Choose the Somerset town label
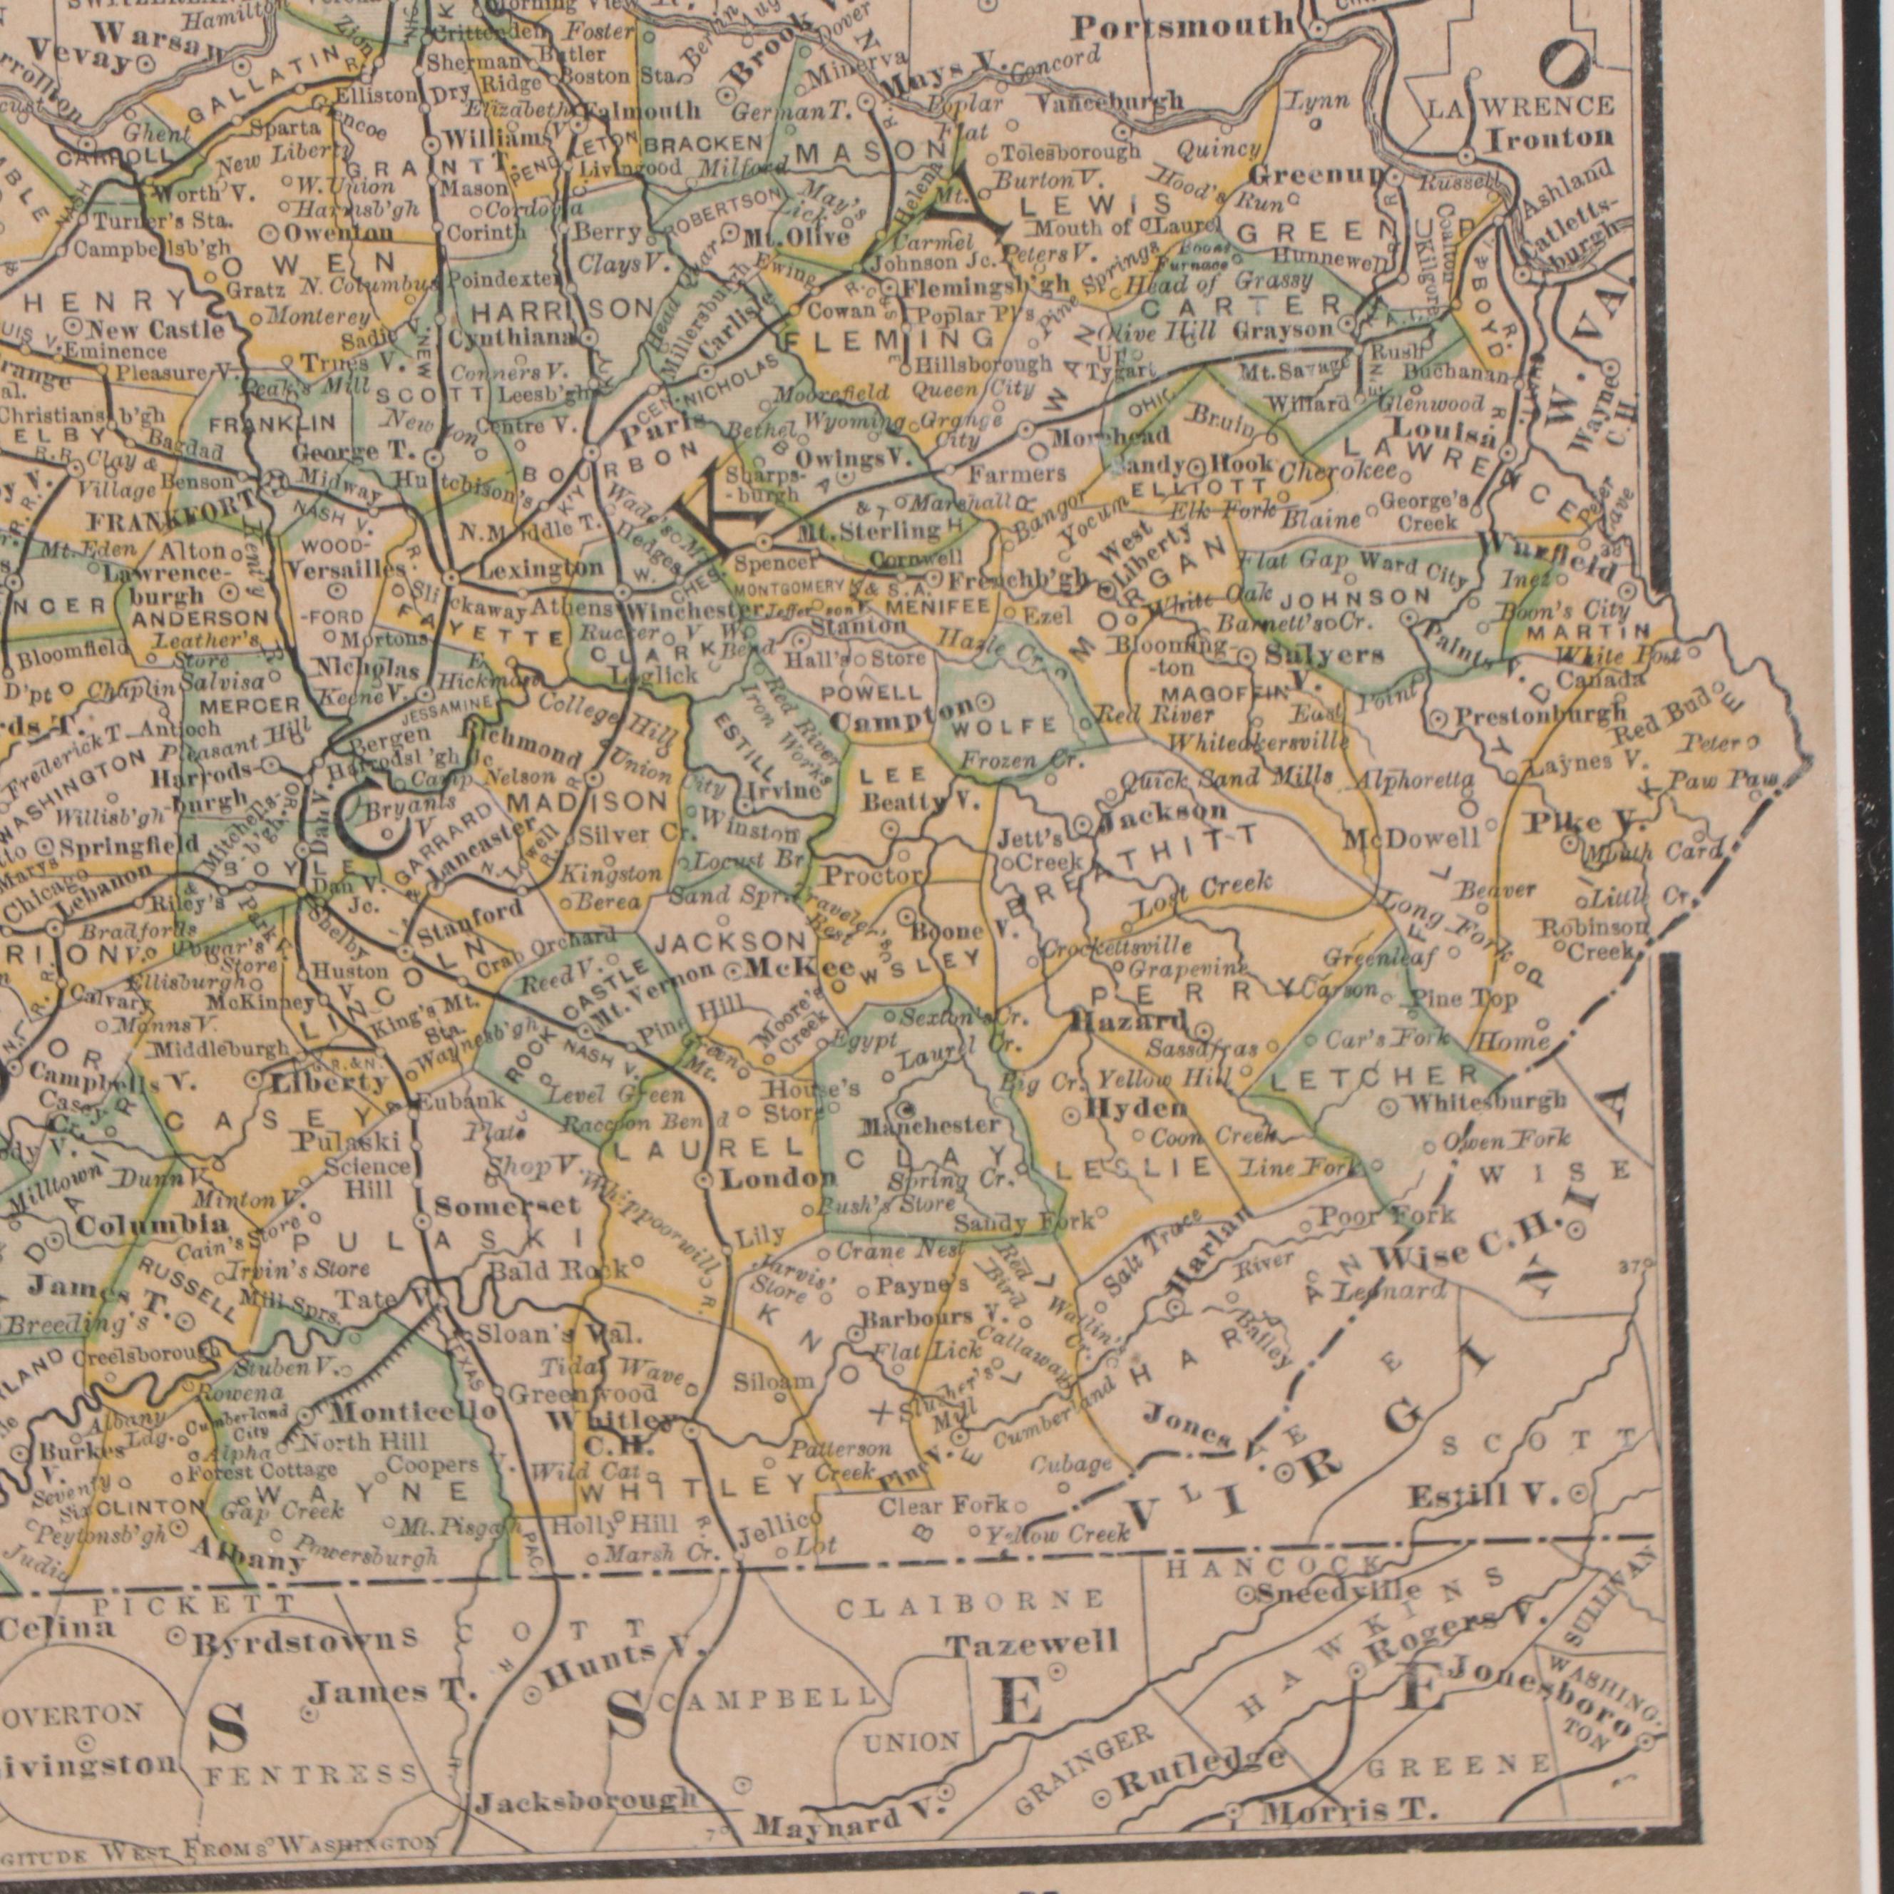[x=494, y=1205]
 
